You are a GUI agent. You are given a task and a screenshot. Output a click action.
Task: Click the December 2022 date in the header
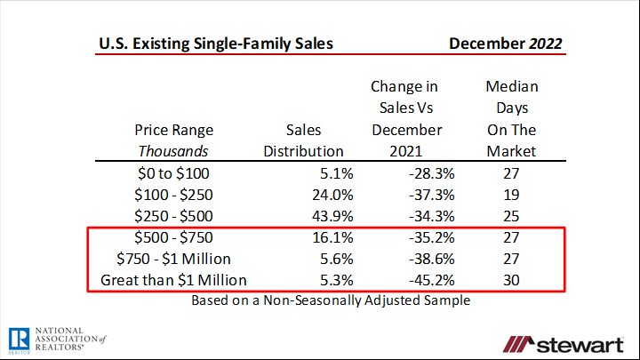click(505, 44)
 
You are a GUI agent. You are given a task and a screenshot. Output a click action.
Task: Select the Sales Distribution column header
click(303, 140)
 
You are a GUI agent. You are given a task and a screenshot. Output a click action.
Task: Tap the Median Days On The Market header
click(511, 119)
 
